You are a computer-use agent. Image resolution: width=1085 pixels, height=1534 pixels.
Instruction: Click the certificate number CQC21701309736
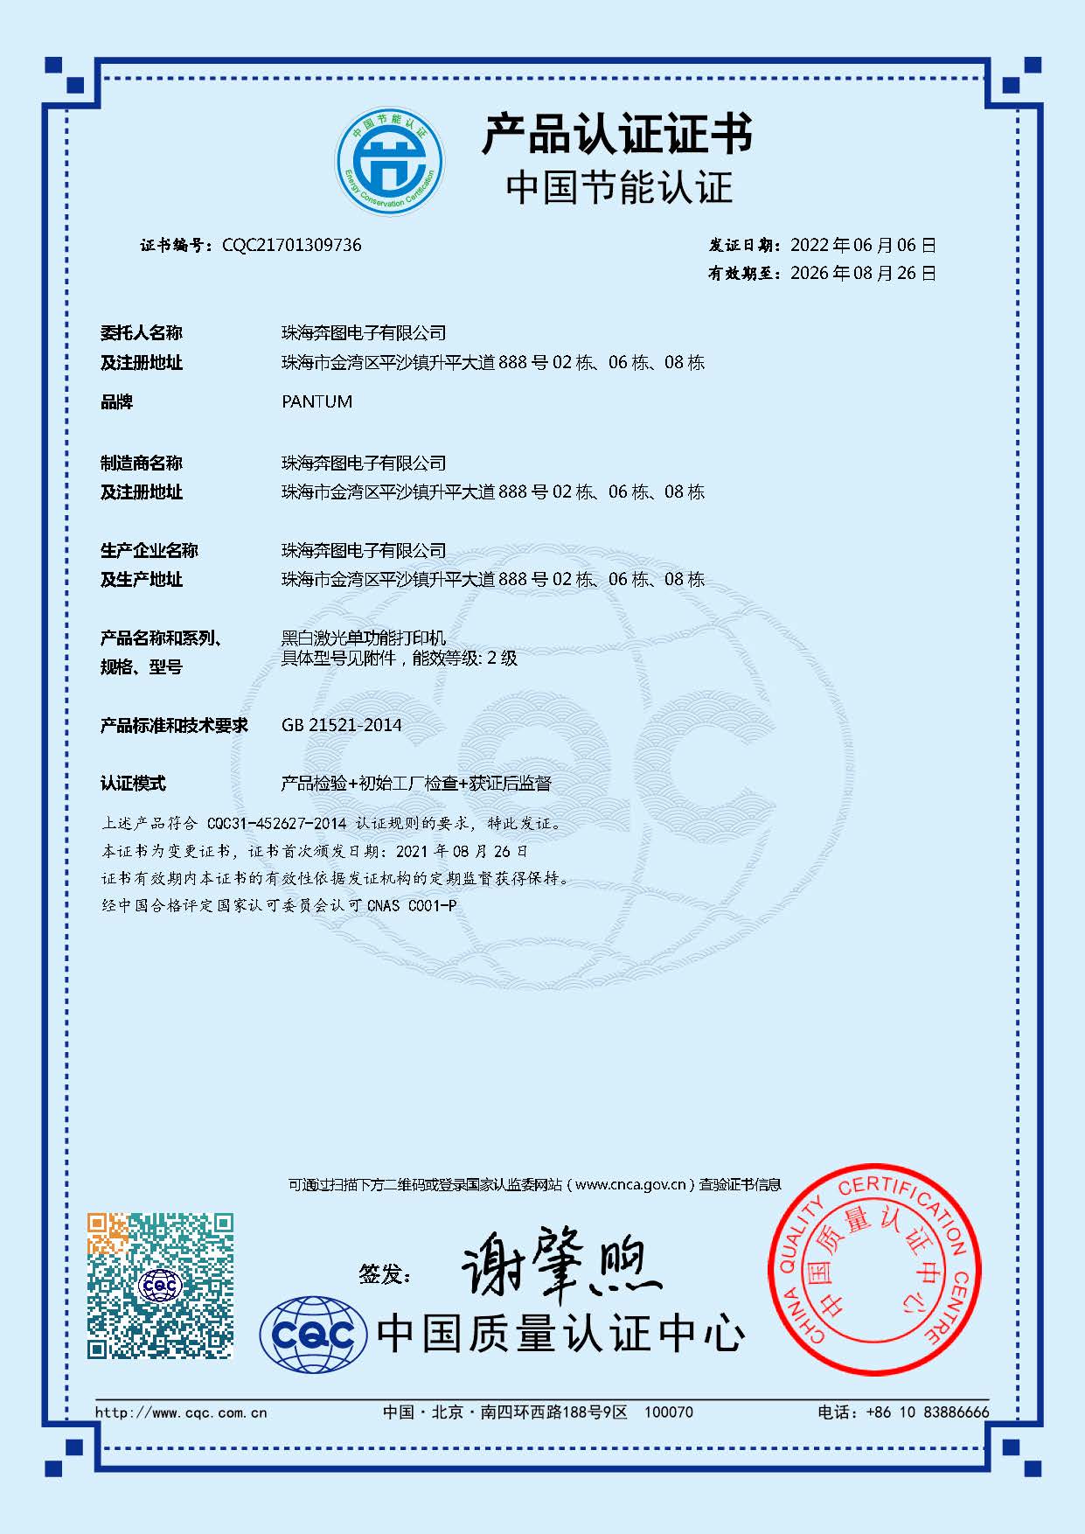pyautogui.click(x=291, y=245)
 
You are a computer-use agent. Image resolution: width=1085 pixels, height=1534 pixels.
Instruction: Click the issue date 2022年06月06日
pyautogui.click(x=863, y=245)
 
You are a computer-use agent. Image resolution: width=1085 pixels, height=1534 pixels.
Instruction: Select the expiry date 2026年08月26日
pyautogui.click(x=863, y=273)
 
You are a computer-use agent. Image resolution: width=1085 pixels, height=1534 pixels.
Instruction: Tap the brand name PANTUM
pyautogui.click(x=316, y=401)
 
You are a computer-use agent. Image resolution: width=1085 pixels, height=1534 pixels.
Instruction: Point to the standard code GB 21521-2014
pyautogui.click(x=341, y=725)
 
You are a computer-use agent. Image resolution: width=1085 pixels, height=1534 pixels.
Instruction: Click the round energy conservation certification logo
pyautogui.click(x=390, y=160)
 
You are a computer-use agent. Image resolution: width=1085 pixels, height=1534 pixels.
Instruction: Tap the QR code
pyautogui.click(x=160, y=1285)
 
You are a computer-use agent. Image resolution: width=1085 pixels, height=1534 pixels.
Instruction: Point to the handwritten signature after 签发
pyautogui.click(x=560, y=1264)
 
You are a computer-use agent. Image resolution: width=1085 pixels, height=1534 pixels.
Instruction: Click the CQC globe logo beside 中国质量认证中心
pyautogui.click(x=313, y=1335)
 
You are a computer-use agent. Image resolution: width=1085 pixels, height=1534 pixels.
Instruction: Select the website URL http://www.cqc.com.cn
pyautogui.click(x=181, y=1412)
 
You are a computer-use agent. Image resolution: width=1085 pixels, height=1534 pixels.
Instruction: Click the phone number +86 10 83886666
pyautogui.click(x=928, y=1412)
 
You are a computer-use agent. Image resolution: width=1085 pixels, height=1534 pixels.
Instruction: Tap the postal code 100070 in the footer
pyautogui.click(x=669, y=1412)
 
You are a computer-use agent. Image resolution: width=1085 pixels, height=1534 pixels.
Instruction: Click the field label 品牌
pyautogui.click(x=116, y=402)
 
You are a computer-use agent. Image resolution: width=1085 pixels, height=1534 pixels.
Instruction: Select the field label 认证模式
pyautogui.click(x=133, y=784)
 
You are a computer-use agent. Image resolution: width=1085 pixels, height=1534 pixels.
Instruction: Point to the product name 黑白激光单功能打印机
pyautogui.click(x=364, y=638)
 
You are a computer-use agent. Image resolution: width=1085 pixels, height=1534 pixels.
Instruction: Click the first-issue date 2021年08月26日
pyautogui.click(x=462, y=851)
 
